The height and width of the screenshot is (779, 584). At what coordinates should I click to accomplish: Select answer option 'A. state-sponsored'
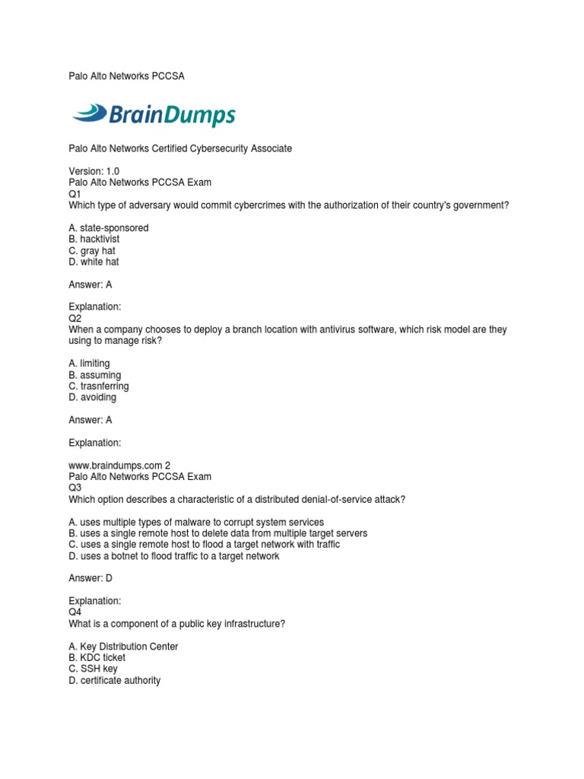click(x=109, y=228)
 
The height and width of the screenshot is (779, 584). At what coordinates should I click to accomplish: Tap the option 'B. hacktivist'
click(x=94, y=240)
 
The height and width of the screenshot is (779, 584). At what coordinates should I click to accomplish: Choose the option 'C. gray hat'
click(x=92, y=251)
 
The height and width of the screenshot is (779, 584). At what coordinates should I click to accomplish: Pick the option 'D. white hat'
click(x=94, y=262)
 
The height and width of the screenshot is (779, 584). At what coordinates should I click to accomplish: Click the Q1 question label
click(x=75, y=194)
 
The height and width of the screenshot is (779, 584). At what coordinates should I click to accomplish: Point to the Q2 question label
click(x=75, y=318)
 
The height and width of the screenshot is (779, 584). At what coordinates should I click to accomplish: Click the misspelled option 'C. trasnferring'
click(x=99, y=386)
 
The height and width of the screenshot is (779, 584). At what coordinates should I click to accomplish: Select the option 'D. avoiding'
click(x=93, y=397)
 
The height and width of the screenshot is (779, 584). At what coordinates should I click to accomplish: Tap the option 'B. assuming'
click(x=95, y=375)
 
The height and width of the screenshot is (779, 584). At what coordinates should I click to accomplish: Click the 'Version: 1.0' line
click(x=94, y=171)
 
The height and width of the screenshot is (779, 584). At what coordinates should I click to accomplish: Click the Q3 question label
click(x=75, y=488)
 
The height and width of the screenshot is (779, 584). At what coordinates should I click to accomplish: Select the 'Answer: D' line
click(x=90, y=578)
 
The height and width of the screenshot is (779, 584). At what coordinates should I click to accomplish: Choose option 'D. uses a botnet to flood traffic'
click(x=174, y=556)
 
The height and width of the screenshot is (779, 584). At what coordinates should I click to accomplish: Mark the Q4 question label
click(x=75, y=612)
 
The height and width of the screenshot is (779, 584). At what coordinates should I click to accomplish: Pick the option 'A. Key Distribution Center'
click(x=123, y=647)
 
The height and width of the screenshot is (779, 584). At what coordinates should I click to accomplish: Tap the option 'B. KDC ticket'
click(x=97, y=658)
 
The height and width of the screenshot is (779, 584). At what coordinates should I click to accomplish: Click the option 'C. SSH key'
click(x=93, y=669)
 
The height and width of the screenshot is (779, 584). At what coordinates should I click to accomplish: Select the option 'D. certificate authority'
click(x=115, y=681)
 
